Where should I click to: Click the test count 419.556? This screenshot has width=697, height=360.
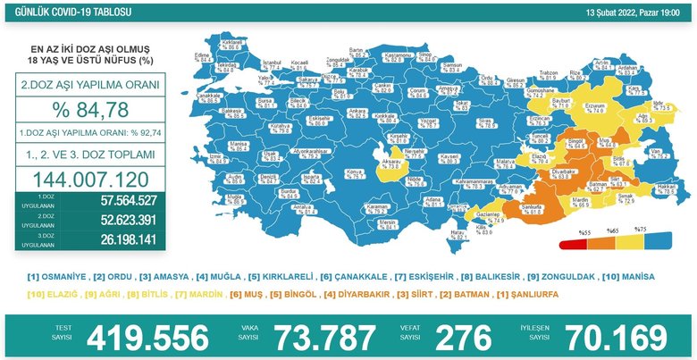pyautogui.click(x=147, y=338)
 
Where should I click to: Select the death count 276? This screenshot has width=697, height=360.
pyautogui.click(x=462, y=338)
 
